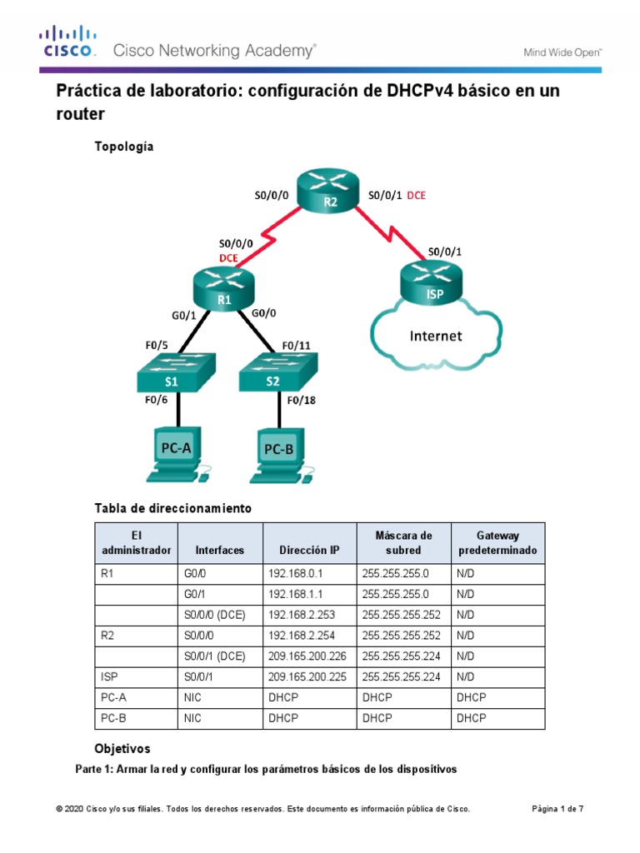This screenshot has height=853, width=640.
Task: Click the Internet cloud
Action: pos(435,337)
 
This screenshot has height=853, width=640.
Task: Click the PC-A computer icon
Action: pos(176,453)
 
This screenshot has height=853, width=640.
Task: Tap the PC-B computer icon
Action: pos(279,455)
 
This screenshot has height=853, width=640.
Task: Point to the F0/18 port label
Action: pos(302,400)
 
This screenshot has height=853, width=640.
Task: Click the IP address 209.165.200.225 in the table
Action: pos(308,676)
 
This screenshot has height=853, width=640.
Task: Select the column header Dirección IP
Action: pos(309,550)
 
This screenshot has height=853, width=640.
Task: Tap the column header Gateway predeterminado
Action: pos(497,543)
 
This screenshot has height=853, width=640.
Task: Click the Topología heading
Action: pos(124,147)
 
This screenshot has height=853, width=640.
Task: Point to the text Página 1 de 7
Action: pos(557,808)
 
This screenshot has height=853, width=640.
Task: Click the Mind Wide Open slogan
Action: pos(562,52)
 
